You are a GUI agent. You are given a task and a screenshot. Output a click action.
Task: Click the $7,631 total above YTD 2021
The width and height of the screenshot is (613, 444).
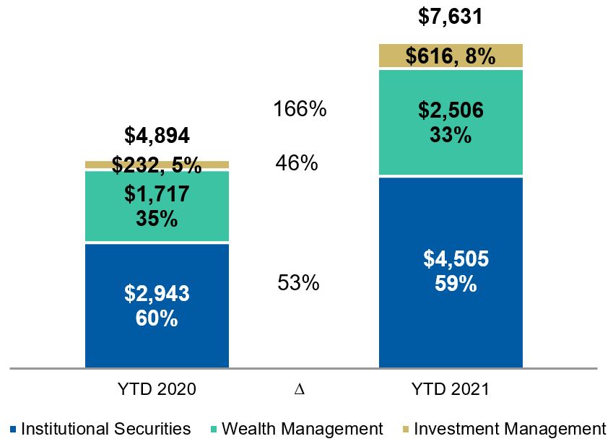(450, 16)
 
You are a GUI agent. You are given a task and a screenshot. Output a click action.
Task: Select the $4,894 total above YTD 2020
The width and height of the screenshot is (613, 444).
(157, 135)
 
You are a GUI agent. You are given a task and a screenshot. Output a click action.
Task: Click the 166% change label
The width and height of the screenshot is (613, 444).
(300, 110)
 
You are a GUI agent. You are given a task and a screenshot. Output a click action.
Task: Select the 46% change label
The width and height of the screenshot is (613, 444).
(297, 163)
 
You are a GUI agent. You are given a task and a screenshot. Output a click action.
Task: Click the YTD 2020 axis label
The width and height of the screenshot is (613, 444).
(157, 389)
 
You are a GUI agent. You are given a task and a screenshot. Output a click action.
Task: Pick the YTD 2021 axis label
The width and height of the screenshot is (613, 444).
(450, 389)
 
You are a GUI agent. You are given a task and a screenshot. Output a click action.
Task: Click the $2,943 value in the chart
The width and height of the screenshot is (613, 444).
(157, 294)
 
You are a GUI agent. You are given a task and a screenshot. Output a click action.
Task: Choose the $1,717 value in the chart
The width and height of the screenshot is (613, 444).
(157, 194)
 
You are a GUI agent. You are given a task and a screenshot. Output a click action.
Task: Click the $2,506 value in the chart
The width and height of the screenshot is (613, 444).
(450, 110)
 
